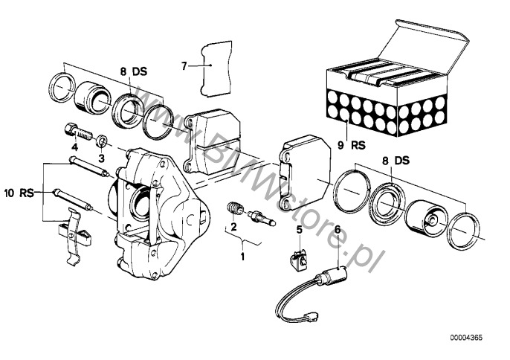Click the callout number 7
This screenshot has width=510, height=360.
click(x=184, y=65)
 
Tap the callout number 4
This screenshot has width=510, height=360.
click(x=75, y=147)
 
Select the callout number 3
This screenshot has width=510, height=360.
click(x=101, y=158)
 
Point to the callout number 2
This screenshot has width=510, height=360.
click(x=233, y=226)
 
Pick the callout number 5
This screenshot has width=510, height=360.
click(x=300, y=229)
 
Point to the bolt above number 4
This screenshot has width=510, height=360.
click(x=77, y=132)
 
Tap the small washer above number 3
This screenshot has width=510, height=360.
click(x=102, y=141)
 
